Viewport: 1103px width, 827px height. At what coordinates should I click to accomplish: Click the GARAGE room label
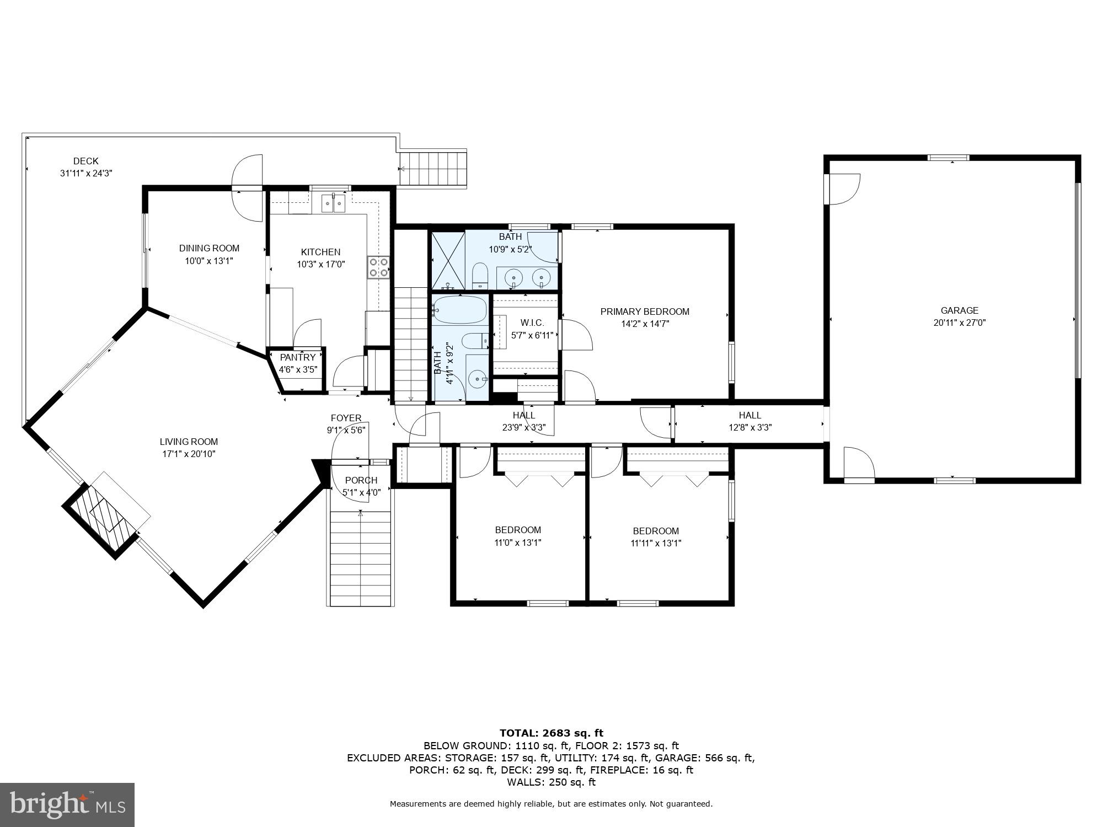959,310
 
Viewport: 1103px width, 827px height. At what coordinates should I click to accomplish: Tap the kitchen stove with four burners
378,267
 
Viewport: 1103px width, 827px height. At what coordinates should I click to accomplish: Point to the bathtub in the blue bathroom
459,310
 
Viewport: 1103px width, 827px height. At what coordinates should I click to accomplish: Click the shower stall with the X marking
447,260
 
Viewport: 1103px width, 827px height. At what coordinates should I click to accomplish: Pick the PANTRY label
298,357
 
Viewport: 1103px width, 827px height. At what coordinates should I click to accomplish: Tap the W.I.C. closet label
532,323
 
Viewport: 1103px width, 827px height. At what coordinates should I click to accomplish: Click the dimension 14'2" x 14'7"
645,324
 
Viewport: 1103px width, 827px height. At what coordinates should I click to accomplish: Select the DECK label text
86,161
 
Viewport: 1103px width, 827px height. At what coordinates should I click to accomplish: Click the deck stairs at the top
434,168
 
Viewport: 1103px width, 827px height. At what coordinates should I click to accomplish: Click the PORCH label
361,480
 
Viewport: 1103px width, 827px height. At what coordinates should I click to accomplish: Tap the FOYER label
346,418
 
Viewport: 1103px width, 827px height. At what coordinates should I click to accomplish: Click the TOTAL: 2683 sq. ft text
551,733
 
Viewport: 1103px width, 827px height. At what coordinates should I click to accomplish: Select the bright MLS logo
67,805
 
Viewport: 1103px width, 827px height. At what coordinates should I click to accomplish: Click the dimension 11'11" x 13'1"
656,543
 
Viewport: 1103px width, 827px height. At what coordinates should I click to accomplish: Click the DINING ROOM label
209,248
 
